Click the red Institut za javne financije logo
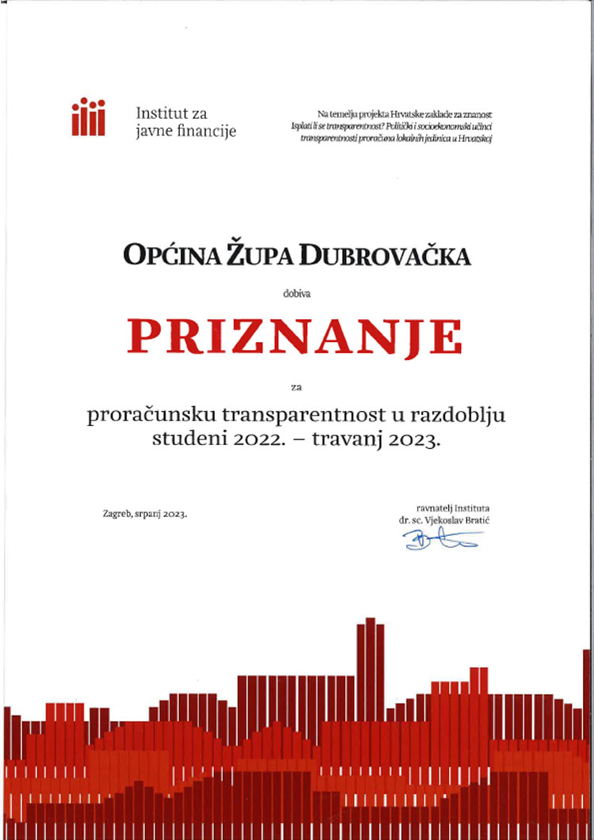click(88, 117)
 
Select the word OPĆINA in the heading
click(163, 256)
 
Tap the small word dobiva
click(297, 294)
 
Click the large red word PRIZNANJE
click(295, 337)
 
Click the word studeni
click(179, 441)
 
